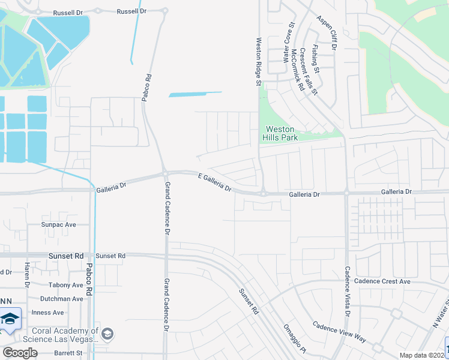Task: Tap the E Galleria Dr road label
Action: pyautogui.click(x=214, y=181)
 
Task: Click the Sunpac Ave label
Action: pyautogui.click(x=59, y=224)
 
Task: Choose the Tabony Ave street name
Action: pyautogui.click(x=66, y=285)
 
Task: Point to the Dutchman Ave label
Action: pyautogui.click(x=61, y=299)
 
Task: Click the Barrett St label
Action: pyautogui.click(x=67, y=353)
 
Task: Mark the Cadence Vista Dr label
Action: pyautogui.click(x=347, y=292)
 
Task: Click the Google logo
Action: pyautogui.click(x=20, y=353)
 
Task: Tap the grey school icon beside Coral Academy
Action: pyautogui.click(x=107, y=334)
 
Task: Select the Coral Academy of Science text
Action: pyautogui.click(x=61, y=335)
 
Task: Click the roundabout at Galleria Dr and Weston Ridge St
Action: pyautogui.click(x=264, y=193)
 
